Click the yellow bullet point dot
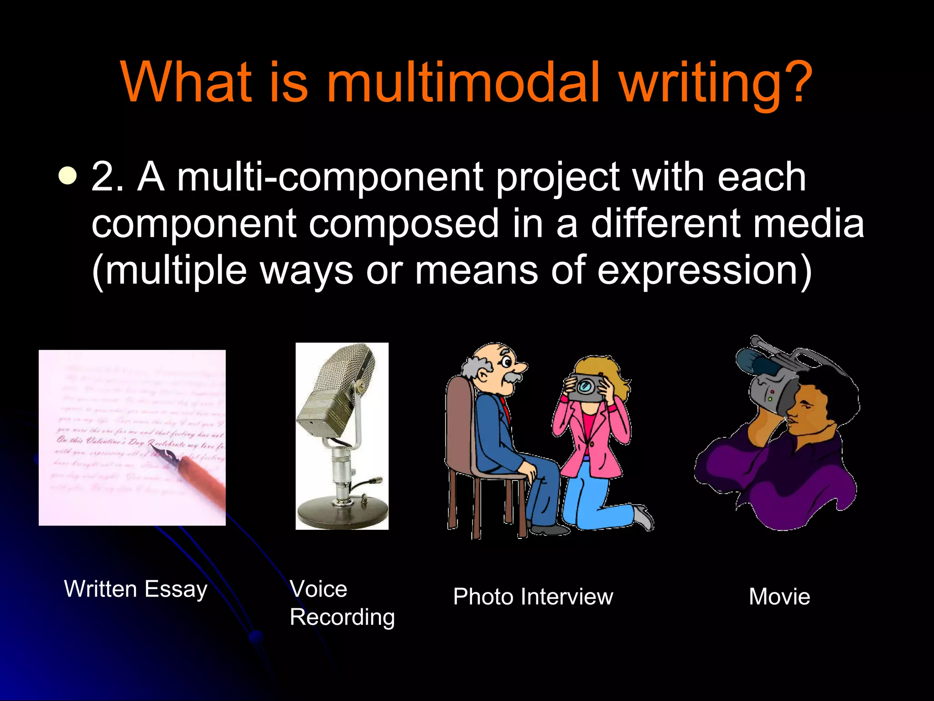pyautogui.click(x=68, y=176)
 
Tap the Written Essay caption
pyautogui.click(x=135, y=589)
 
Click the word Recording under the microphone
pyautogui.click(x=342, y=617)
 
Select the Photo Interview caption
pyautogui.click(x=533, y=597)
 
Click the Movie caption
pyautogui.click(x=779, y=597)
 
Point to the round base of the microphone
pyautogui.click(x=342, y=513)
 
